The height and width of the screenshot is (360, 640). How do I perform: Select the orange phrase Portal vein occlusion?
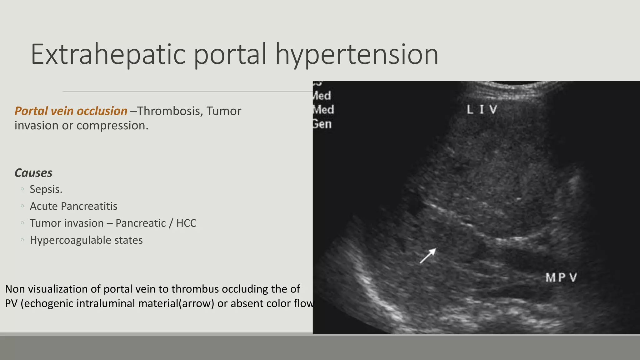71,111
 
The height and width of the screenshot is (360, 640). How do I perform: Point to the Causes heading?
33,173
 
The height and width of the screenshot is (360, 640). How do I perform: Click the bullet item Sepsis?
46,189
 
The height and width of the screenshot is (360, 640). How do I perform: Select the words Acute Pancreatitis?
73,206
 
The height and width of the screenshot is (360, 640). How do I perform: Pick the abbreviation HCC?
186,223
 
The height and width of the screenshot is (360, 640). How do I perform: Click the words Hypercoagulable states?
86,240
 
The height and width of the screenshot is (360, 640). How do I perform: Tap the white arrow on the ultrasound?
428,256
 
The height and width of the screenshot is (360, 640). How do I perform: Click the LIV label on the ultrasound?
482,110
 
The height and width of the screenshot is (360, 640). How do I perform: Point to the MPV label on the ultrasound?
561,277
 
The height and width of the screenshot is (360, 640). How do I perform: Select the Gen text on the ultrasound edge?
322,124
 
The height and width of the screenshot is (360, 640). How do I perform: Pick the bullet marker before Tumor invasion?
22,223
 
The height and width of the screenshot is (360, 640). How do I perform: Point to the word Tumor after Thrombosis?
224,111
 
